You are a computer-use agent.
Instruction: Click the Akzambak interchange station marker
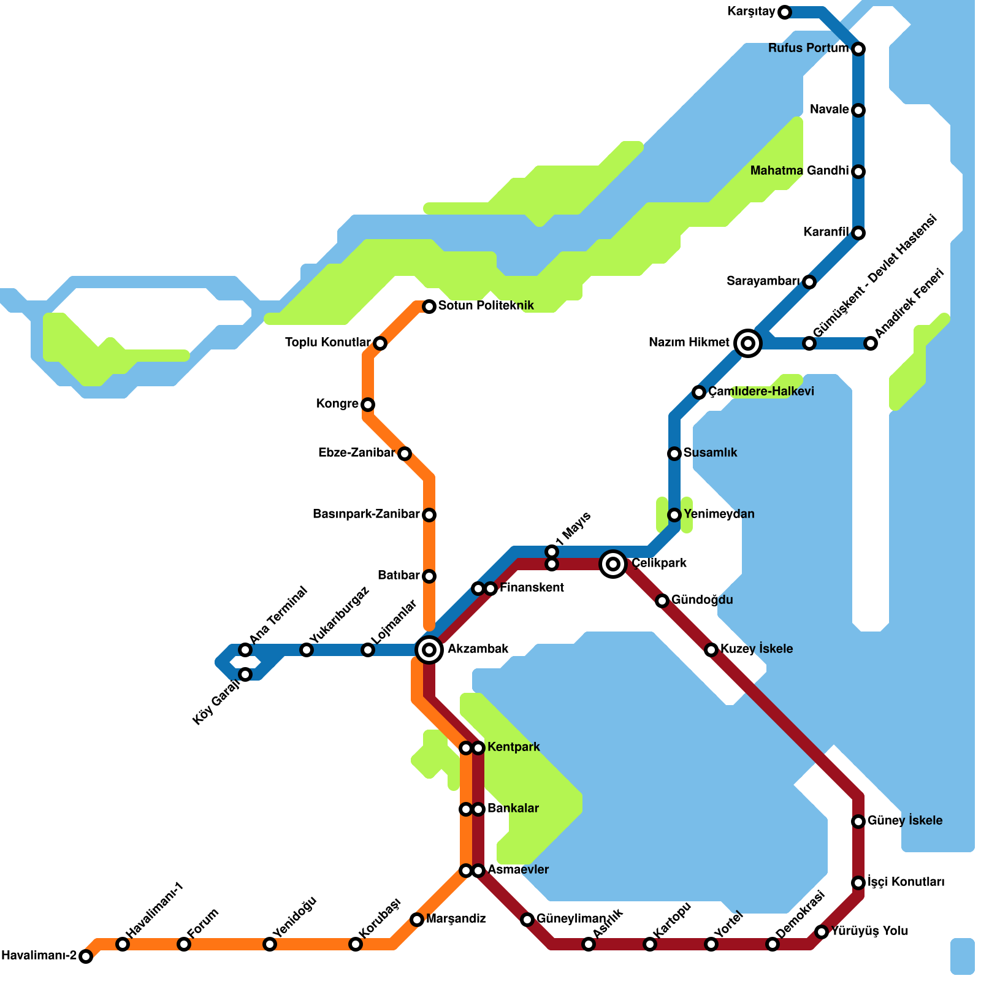(429, 649)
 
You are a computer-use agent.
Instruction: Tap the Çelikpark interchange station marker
(613, 563)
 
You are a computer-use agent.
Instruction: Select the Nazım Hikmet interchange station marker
(747, 343)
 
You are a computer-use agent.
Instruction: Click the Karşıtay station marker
(785, 12)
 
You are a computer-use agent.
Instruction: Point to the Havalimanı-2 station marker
(86, 956)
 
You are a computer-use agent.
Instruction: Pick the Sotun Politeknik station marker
(429, 306)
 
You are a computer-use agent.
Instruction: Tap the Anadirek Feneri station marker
(871, 343)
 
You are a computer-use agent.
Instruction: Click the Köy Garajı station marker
(245, 674)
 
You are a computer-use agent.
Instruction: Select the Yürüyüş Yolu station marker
(822, 932)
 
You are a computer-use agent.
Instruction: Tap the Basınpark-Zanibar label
(366, 514)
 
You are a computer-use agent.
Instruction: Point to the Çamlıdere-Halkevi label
(762, 391)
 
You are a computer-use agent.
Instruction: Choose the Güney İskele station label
(905, 820)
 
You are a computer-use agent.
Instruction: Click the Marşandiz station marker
(417, 919)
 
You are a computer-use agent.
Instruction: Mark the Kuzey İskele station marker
(711, 649)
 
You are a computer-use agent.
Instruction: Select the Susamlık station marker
(674, 453)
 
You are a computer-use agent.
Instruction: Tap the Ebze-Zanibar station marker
(405, 453)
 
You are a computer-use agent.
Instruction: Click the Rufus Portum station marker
(858, 48)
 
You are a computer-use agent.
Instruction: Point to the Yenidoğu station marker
(270, 944)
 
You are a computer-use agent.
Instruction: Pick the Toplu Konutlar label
(328, 342)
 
